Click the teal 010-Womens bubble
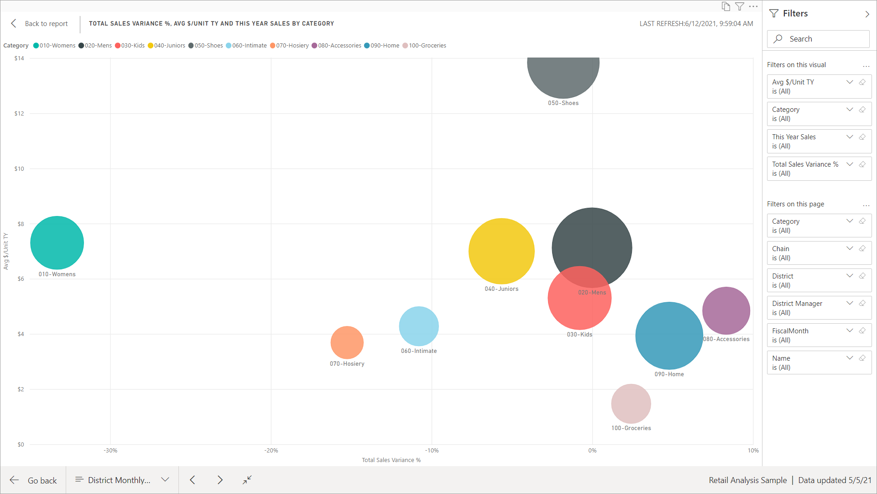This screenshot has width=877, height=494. tap(57, 242)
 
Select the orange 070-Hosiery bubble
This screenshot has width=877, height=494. tap(347, 342)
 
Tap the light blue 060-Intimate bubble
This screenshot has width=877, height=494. tap(418, 326)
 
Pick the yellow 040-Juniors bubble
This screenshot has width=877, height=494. tap(501, 251)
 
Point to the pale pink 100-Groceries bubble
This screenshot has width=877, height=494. tap(631, 404)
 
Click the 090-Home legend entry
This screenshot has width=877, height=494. tap(382, 46)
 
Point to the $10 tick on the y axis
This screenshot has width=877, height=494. tap(19, 169)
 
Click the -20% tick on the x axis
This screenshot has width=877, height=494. tap(271, 451)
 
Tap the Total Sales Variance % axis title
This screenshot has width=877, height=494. tap(391, 460)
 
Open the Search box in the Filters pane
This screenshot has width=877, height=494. tap(819, 39)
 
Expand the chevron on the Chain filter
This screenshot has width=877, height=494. tap(849, 248)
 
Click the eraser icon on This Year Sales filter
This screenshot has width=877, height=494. tap(862, 137)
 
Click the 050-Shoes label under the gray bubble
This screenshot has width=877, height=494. tap(563, 103)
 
